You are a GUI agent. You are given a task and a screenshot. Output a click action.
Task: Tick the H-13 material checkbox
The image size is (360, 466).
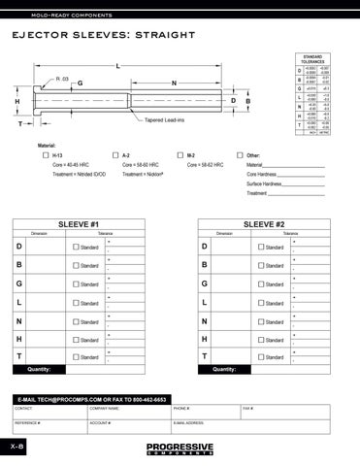pyautogui.click(x=46, y=155)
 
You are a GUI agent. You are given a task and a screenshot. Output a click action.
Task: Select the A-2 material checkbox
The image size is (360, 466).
pyautogui.click(x=115, y=155)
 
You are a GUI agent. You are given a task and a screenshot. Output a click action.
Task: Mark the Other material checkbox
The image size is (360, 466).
pyautogui.click(x=241, y=155)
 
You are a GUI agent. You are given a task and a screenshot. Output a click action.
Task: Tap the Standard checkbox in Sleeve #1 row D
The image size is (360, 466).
pyautogui.click(x=77, y=248)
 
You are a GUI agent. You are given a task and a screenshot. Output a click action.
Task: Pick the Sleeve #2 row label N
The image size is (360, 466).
pyautogui.click(x=206, y=321)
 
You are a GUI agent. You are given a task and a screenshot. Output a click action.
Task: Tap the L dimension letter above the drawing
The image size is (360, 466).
pyautogui.click(x=117, y=66)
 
